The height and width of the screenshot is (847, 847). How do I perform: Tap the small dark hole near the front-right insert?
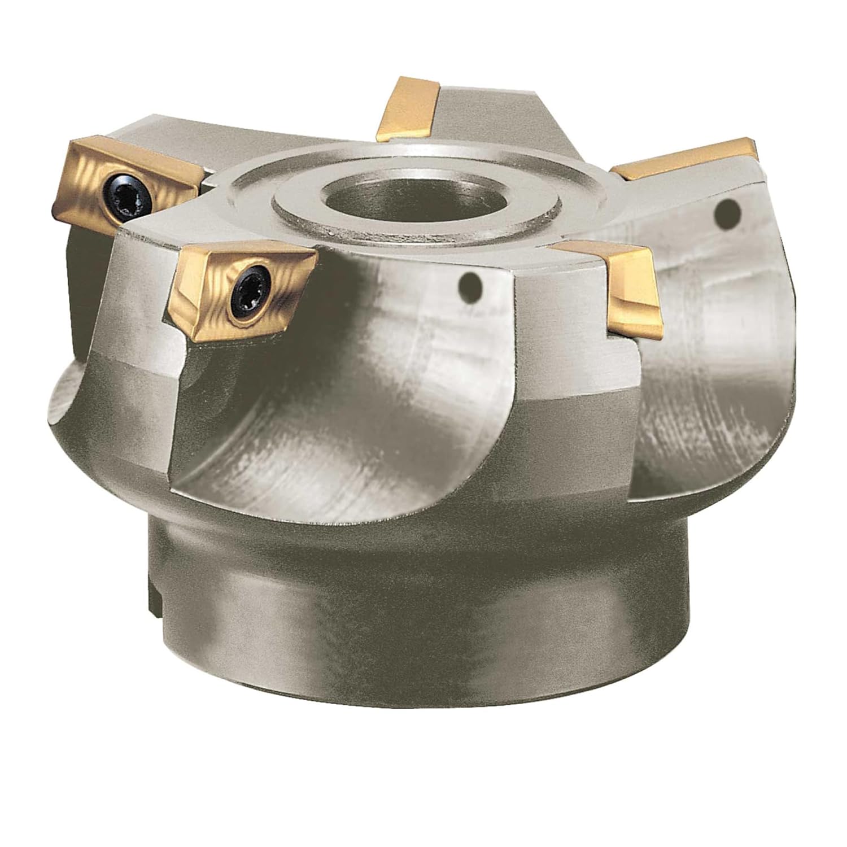coord(470,285)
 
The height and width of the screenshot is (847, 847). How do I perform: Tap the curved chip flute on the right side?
coord(717,350)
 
